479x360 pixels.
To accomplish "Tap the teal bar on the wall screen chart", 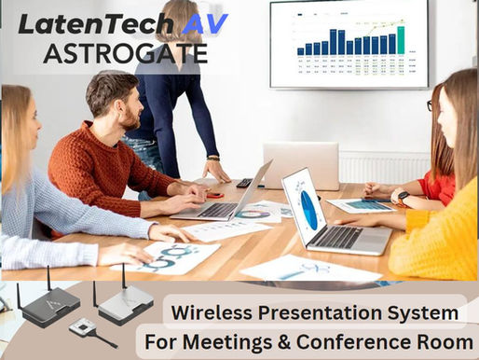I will (x=401, y=39).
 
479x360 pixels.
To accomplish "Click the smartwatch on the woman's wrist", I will (x=400, y=198).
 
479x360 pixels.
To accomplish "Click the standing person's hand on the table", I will (x=217, y=173).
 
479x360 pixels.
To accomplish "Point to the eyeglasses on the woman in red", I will (x=430, y=105).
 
